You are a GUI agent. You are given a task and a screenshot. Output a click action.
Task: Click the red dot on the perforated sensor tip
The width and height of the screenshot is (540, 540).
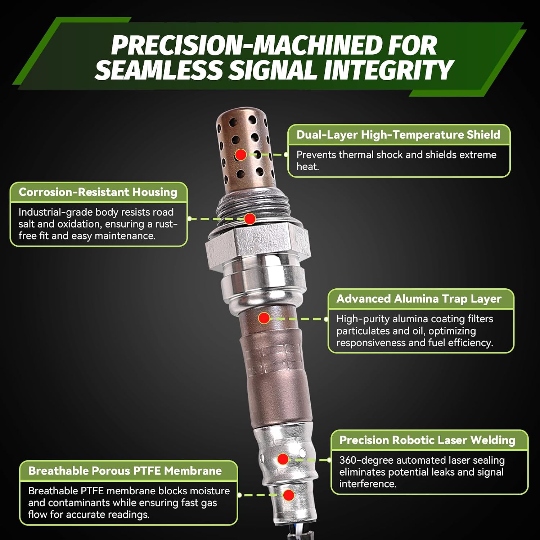[241, 155]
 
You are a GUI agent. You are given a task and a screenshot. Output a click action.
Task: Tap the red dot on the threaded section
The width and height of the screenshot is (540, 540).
[250, 219]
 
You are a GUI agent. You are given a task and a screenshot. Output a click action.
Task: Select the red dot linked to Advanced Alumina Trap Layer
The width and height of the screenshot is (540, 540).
[264, 318]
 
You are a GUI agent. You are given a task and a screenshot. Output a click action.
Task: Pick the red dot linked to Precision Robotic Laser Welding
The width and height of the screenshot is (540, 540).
[283, 459]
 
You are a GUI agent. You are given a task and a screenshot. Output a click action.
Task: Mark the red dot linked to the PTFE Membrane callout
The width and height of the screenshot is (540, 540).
[288, 495]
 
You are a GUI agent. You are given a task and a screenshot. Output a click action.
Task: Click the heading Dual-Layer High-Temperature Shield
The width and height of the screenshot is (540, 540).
[398, 135]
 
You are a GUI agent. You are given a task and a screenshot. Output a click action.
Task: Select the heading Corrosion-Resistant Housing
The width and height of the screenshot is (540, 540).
[98, 192]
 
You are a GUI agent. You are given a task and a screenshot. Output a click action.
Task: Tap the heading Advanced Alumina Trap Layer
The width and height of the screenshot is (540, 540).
[419, 299]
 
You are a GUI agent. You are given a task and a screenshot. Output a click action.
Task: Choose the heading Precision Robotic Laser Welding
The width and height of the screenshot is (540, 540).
[427, 440]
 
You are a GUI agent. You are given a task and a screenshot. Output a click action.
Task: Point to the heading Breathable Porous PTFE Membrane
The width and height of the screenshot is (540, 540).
[125, 471]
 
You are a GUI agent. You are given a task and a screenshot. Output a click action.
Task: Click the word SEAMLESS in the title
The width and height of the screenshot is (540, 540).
[159, 70]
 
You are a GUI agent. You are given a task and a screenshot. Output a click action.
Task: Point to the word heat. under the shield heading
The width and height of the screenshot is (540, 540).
[308, 167]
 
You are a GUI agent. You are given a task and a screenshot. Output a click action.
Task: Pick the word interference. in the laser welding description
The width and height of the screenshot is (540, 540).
[368, 484]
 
